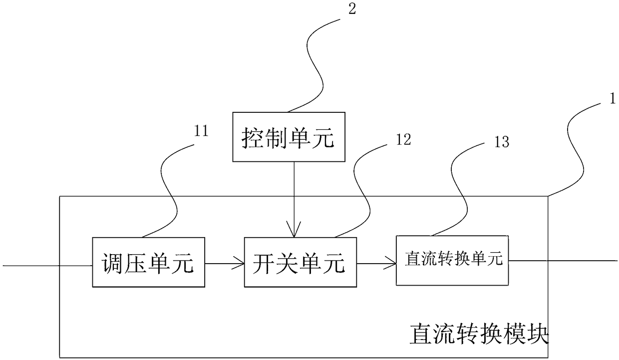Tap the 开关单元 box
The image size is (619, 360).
[301, 262]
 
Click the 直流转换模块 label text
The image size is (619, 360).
[479, 334]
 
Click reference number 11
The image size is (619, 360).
[202, 131]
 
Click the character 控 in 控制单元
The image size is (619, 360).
[253, 137]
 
